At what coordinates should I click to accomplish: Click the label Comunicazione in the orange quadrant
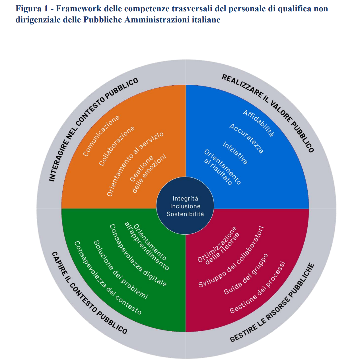[x=101, y=136]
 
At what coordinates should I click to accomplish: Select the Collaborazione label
[x=117, y=146]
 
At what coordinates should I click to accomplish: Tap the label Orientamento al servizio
[x=135, y=164]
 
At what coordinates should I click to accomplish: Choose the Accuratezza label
[x=246, y=138]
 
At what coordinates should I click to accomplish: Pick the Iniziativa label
[x=235, y=153]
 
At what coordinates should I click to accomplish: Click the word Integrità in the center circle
[x=185, y=198]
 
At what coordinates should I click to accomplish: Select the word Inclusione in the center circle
[x=185, y=206]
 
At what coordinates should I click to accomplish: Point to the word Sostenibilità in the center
[x=185, y=214]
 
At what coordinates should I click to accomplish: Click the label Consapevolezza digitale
[x=138, y=255]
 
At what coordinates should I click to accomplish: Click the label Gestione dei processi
[x=257, y=287]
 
